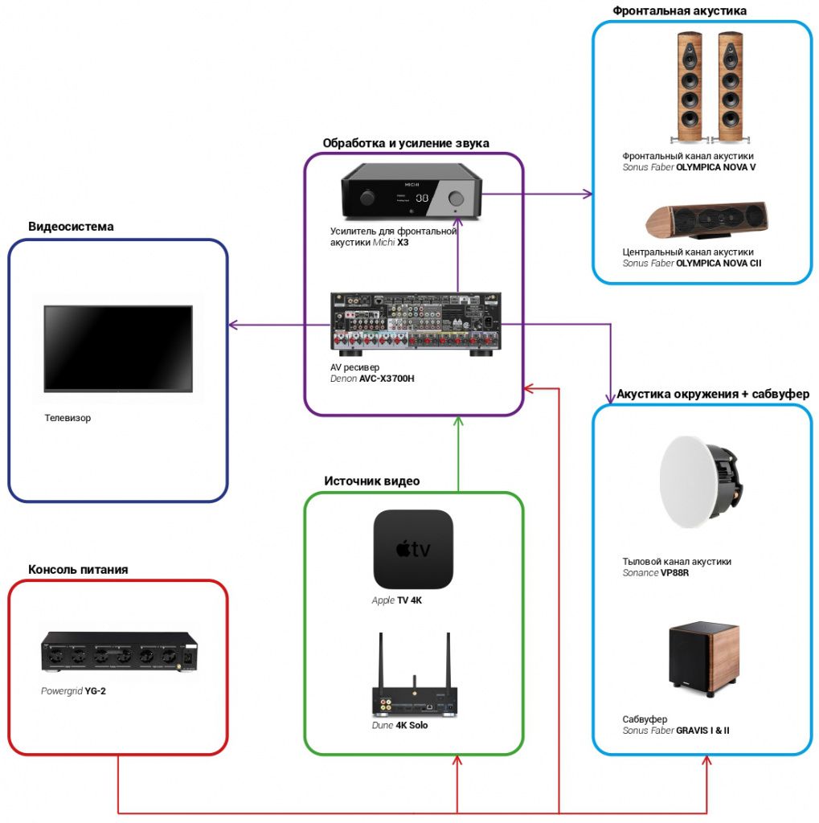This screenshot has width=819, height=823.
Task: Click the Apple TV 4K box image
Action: click(413, 549)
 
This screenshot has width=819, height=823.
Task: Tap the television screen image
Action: click(118, 348)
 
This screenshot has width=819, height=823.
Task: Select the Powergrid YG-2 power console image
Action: click(120, 652)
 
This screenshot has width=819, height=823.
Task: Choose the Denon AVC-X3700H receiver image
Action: click(416, 323)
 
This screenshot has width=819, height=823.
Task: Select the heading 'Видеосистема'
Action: click(71, 227)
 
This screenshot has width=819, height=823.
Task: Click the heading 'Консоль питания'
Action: click(78, 570)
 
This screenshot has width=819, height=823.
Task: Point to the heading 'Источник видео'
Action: click(371, 481)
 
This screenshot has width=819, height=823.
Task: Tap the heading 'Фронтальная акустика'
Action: click(679, 10)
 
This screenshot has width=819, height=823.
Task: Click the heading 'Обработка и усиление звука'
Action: click(406, 144)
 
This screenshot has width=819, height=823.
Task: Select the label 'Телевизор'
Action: click(68, 418)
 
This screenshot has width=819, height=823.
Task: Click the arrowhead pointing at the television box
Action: click(233, 325)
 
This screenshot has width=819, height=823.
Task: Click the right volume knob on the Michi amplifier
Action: click(457, 198)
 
